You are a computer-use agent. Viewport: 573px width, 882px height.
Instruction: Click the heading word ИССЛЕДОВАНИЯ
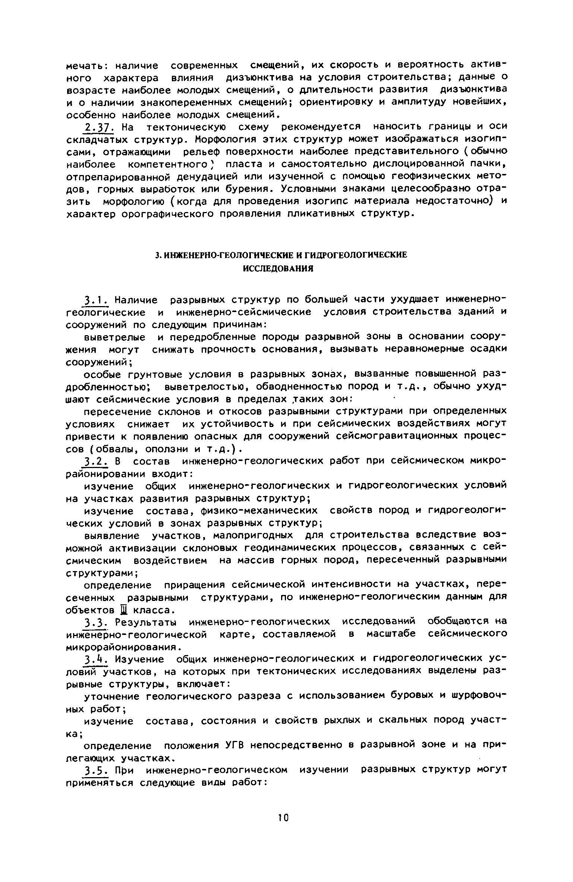click(x=278, y=268)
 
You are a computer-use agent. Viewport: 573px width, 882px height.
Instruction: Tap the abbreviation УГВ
click(x=232, y=745)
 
